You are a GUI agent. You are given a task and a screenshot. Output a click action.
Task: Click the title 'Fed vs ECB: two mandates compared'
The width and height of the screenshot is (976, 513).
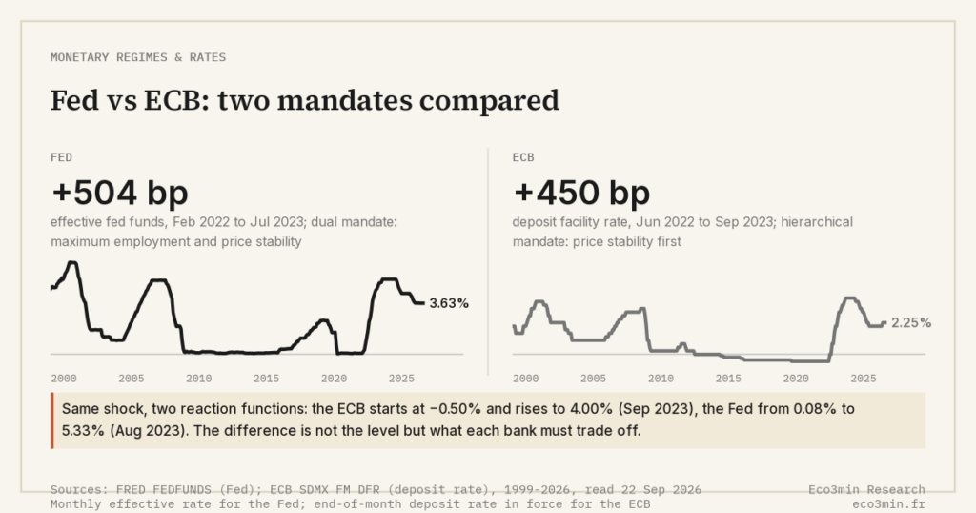coord(305,100)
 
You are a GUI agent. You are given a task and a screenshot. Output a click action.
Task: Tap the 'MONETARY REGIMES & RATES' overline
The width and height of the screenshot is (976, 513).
coord(138,57)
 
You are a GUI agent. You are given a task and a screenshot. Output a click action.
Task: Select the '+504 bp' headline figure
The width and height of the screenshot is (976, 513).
coord(119,192)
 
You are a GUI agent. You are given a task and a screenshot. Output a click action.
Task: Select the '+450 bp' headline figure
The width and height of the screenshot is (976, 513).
coord(581,192)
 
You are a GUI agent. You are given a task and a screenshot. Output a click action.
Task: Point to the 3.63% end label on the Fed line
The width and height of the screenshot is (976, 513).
coord(449,303)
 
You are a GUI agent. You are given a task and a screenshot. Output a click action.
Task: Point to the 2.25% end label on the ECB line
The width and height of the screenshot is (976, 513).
coord(911,322)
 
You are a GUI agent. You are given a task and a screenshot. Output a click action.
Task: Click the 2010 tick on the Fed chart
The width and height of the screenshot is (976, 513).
coord(198,378)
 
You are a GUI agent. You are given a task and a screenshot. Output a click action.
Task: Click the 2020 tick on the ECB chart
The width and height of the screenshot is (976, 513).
coord(796,378)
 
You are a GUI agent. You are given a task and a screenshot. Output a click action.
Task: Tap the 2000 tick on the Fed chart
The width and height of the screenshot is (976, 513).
coord(64,378)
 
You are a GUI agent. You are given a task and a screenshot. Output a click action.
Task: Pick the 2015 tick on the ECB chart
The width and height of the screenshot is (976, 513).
coord(728,378)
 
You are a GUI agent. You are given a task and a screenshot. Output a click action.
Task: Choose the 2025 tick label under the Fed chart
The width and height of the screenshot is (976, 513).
coord(401,378)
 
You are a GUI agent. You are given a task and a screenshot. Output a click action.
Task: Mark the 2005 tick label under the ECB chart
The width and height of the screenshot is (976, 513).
coord(593,378)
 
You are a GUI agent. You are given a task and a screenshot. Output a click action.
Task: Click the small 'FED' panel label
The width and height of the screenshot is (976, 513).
coord(62,157)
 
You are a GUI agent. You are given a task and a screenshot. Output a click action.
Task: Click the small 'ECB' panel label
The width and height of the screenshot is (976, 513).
coord(523,157)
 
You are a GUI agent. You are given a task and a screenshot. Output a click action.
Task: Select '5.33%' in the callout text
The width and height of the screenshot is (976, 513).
coord(83,431)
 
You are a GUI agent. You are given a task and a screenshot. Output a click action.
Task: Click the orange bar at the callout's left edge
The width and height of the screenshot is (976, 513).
coord(52,421)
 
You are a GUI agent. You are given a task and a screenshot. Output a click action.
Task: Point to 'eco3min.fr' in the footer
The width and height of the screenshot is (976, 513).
coord(889,504)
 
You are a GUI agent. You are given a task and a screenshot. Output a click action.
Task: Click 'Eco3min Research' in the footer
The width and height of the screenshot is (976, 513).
coord(867,490)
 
